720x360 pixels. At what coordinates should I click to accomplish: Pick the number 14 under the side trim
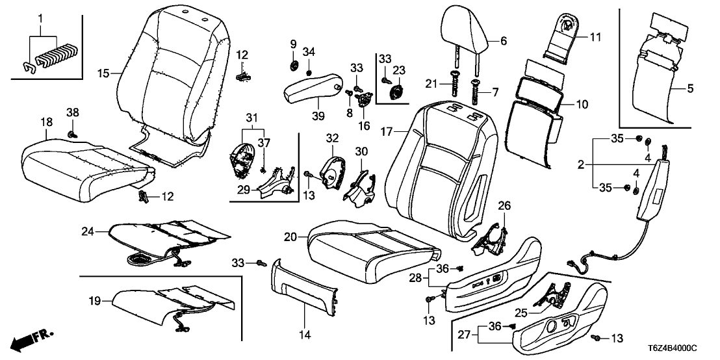pos(305,335)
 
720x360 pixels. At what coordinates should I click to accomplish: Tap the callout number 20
pos(290,237)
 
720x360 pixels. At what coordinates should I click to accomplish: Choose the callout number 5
pos(690,86)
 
